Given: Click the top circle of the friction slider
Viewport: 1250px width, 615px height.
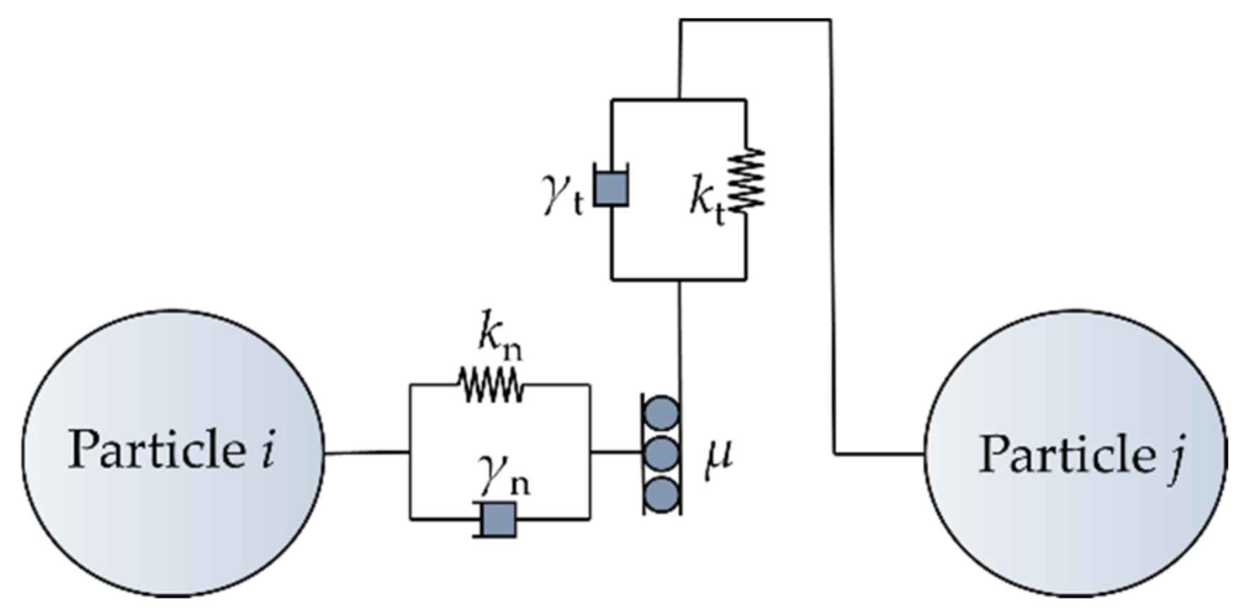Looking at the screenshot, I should (661, 414).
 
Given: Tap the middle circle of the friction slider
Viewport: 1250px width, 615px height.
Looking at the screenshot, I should (661, 454).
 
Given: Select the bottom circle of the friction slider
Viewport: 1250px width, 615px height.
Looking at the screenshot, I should (661, 495).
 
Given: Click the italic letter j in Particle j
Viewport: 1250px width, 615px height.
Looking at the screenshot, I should (1174, 456).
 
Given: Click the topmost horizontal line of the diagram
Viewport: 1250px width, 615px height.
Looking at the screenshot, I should (755, 20).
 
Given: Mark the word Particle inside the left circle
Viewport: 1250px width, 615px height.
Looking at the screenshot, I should (156, 449).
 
